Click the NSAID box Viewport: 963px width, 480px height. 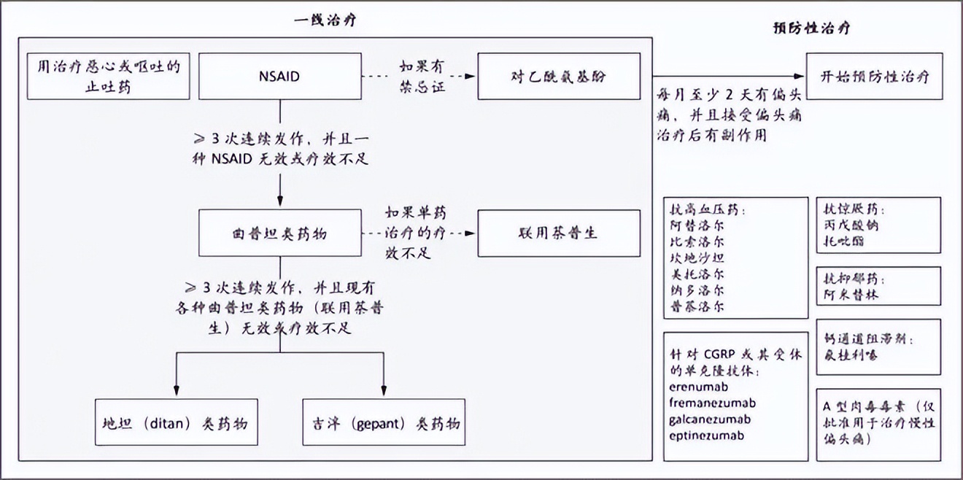pyautogui.click(x=279, y=76)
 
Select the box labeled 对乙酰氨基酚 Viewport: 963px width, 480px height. pyautogui.click(x=559, y=76)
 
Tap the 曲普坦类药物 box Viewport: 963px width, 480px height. pyautogui.click(x=279, y=234)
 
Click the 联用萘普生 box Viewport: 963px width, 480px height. pyautogui.click(x=559, y=234)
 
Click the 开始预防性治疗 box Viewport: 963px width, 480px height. pyautogui.click(x=873, y=76)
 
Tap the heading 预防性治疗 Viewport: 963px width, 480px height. pyautogui.click(x=811, y=28)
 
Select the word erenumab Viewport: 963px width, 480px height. pyautogui.click(x=697, y=387)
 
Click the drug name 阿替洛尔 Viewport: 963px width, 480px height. pyautogui.click(x=697, y=225)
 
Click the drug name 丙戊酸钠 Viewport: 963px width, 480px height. pyautogui.click(x=849, y=225)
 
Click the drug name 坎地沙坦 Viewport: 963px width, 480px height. pyautogui.click(x=697, y=258)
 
